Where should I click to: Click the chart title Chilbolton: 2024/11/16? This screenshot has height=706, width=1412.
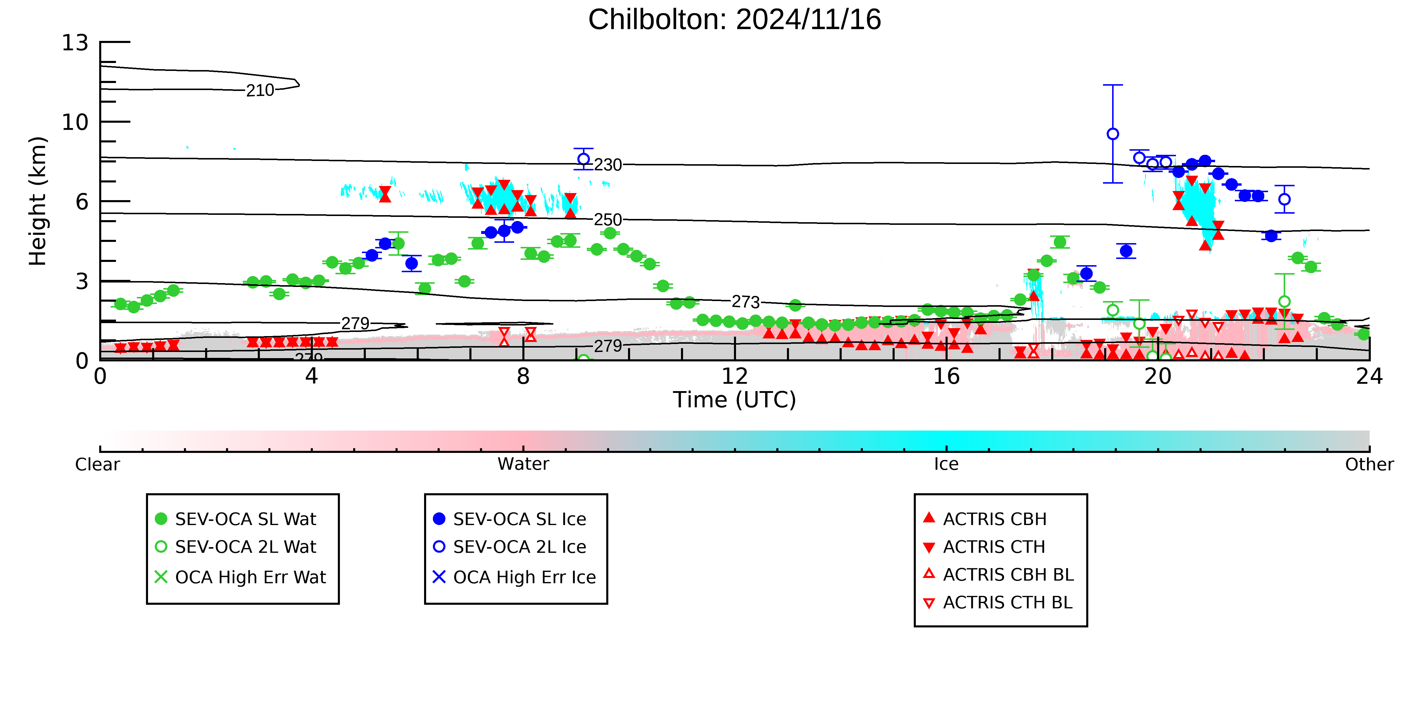(735, 20)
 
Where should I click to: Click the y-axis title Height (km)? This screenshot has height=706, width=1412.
(38, 201)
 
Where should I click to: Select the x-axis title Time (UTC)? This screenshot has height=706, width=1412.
(735, 400)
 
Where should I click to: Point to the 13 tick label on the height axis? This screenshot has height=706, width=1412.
(75, 43)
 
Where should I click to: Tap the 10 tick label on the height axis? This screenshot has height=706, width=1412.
(75, 122)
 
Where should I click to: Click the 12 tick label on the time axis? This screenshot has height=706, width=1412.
(735, 377)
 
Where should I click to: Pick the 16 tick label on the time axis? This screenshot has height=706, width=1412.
(946, 377)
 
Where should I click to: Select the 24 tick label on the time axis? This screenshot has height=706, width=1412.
(1369, 377)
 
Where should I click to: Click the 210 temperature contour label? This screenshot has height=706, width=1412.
(260, 90)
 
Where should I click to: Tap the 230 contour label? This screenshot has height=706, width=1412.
(608, 165)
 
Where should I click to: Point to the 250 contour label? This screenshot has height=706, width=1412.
(608, 220)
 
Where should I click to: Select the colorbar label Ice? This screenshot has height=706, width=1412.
(946, 464)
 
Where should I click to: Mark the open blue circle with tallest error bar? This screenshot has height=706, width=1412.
(1113, 134)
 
